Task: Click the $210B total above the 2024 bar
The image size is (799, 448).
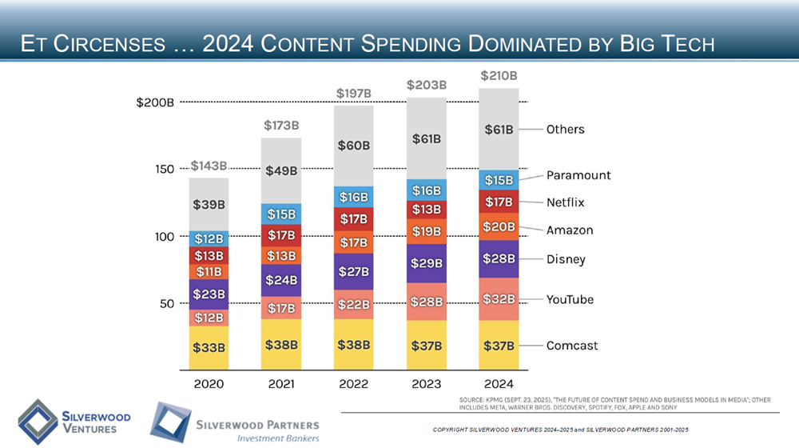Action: (499, 75)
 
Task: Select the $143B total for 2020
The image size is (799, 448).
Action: (209, 166)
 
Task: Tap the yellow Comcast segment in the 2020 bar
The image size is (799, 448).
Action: (209, 347)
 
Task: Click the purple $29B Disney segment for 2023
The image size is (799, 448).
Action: (426, 262)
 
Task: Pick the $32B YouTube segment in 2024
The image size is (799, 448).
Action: (499, 299)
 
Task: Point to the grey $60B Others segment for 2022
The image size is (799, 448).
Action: (353, 146)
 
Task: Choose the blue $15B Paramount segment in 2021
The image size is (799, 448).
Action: (281, 214)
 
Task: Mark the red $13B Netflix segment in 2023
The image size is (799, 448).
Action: (426, 210)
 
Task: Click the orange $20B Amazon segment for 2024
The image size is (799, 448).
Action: (499, 226)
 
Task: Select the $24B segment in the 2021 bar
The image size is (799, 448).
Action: (281, 280)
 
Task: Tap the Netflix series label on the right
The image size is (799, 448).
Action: (566, 202)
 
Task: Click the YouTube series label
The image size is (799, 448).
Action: (570, 299)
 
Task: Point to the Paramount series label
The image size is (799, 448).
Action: (578, 175)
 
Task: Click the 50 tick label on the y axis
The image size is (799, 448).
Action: (165, 304)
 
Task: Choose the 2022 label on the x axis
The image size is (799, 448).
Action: (353, 384)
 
